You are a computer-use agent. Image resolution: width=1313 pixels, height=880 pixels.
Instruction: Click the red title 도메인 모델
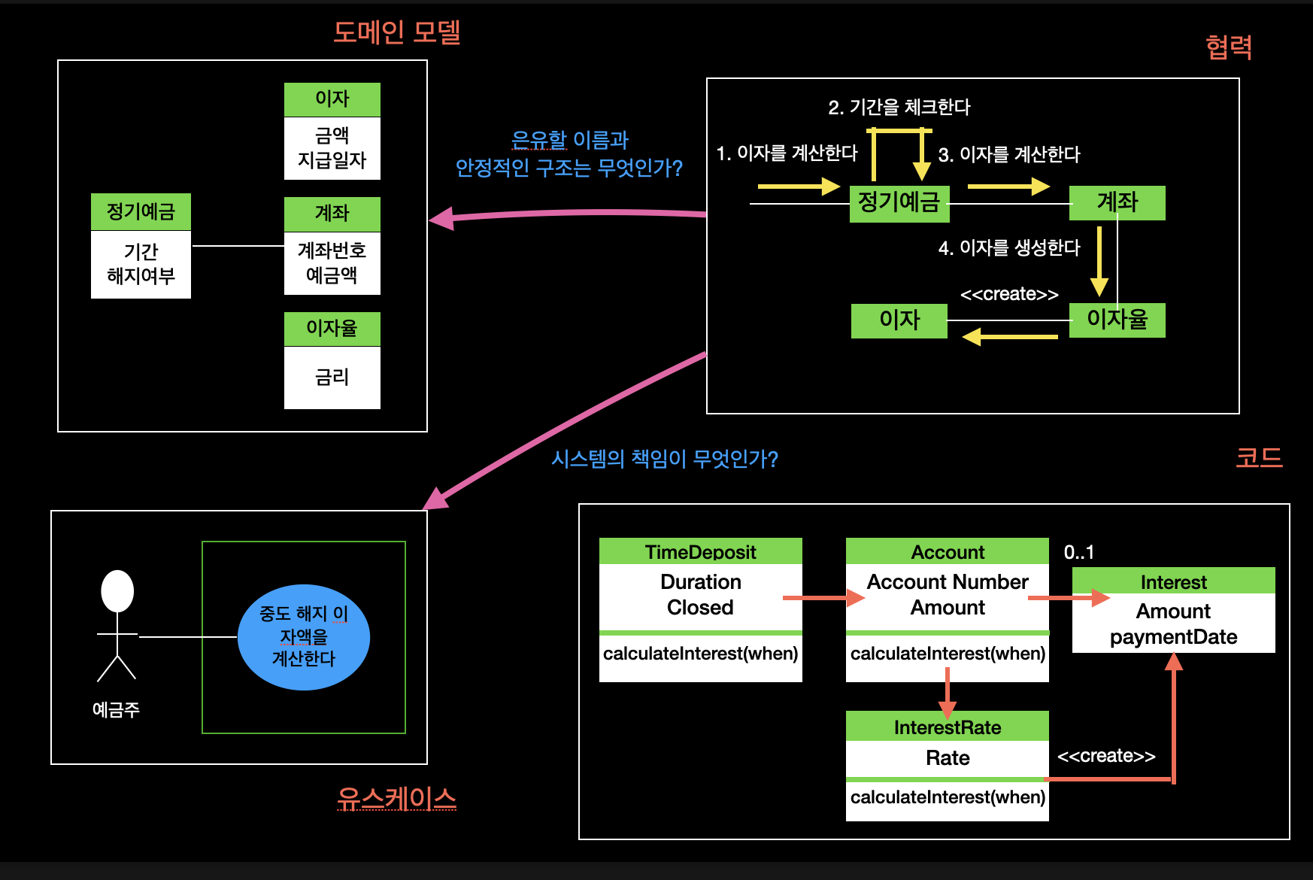pyautogui.click(x=396, y=32)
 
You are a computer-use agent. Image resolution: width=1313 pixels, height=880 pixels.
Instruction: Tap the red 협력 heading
pyautogui.click(x=1228, y=47)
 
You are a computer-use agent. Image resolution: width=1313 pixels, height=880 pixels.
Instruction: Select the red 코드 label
pyautogui.click(x=1259, y=457)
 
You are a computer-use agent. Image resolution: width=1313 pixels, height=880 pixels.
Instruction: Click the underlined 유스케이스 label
pyautogui.click(x=396, y=798)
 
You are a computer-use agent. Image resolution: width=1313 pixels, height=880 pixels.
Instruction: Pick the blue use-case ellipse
pyautogui.click(x=303, y=637)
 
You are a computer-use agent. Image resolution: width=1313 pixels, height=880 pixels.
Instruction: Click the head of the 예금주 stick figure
pyautogui.click(x=117, y=590)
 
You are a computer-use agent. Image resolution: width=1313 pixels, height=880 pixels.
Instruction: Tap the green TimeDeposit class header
pyautogui.click(x=700, y=551)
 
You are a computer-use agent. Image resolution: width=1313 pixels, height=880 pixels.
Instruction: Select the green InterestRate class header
pyautogui.click(x=947, y=727)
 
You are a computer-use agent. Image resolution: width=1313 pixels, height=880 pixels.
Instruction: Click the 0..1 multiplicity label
pyautogui.click(x=1078, y=552)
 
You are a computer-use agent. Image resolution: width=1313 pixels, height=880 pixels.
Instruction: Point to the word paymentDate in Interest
pyautogui.click(x=1173, y=637)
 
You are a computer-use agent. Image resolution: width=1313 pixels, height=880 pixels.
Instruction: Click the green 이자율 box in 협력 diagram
pyautogui.click(x=1117, y=320)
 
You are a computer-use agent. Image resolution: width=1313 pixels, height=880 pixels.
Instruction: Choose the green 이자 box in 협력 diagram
pyautogui.click(x=899, y=320)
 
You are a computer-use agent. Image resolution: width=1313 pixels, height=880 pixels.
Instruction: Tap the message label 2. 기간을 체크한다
pyautogui.click(x=899, y=108)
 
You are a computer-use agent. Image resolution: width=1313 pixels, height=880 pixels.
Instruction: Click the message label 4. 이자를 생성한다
pyautogui.click(x=1008, y=247)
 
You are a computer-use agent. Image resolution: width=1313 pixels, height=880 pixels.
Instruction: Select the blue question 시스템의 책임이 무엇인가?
pyautogui.click(x=665, y=459)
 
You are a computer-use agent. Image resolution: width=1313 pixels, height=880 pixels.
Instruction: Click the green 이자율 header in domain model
pyautogui.click(x=332, y=329)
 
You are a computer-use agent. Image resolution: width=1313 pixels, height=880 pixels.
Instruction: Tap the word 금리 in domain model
pyautogui.click(x=332, y=377)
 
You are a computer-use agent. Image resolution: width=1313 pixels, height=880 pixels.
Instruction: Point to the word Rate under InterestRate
pyautogui.click(x=947, y=757)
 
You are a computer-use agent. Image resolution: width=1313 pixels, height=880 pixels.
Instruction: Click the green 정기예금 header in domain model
pyautogui.click(x=141, y=211)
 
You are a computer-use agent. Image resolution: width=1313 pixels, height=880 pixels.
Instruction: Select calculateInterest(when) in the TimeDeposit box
pyautogui.click(x=700, y=653)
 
